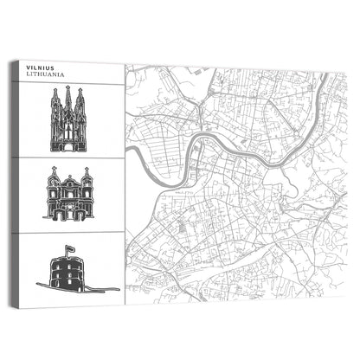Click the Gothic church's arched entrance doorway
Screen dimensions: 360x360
67,141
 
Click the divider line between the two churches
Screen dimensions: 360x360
69,157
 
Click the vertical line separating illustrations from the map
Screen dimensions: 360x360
124,190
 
